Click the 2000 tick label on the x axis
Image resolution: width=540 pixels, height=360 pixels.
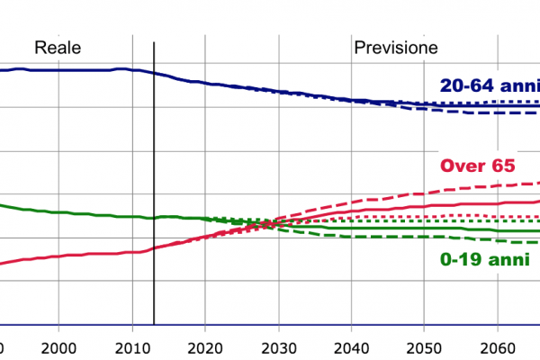[x=58, y=348]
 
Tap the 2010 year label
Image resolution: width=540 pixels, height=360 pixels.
[x=131, y=348]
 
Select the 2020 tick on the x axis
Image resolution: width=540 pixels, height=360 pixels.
[x=205, y=348]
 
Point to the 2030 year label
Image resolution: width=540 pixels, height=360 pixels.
[x=279, y=348]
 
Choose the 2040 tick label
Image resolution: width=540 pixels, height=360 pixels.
[x=353, y=348]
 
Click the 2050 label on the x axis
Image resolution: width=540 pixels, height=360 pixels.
[x=427, y=348]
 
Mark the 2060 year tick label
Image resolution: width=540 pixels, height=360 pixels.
[x=500, y=348]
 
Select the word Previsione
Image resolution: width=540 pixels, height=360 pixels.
[x=396, y=48]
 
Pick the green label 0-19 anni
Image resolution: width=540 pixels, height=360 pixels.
[x=482, y=258]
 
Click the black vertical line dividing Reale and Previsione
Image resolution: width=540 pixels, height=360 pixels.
[x=154, y=180]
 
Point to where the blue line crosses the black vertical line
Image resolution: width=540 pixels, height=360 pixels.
[x=154, y=73]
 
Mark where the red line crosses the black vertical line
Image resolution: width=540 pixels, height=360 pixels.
[x=154, y=247]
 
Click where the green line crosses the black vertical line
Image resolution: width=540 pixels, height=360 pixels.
[x=154, y=217]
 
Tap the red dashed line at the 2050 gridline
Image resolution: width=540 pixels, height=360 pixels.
[x=427, y=191]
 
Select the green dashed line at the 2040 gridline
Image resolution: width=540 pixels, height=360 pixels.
[x=353, y=237]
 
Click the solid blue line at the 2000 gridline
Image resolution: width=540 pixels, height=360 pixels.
[x=58, y=70]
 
